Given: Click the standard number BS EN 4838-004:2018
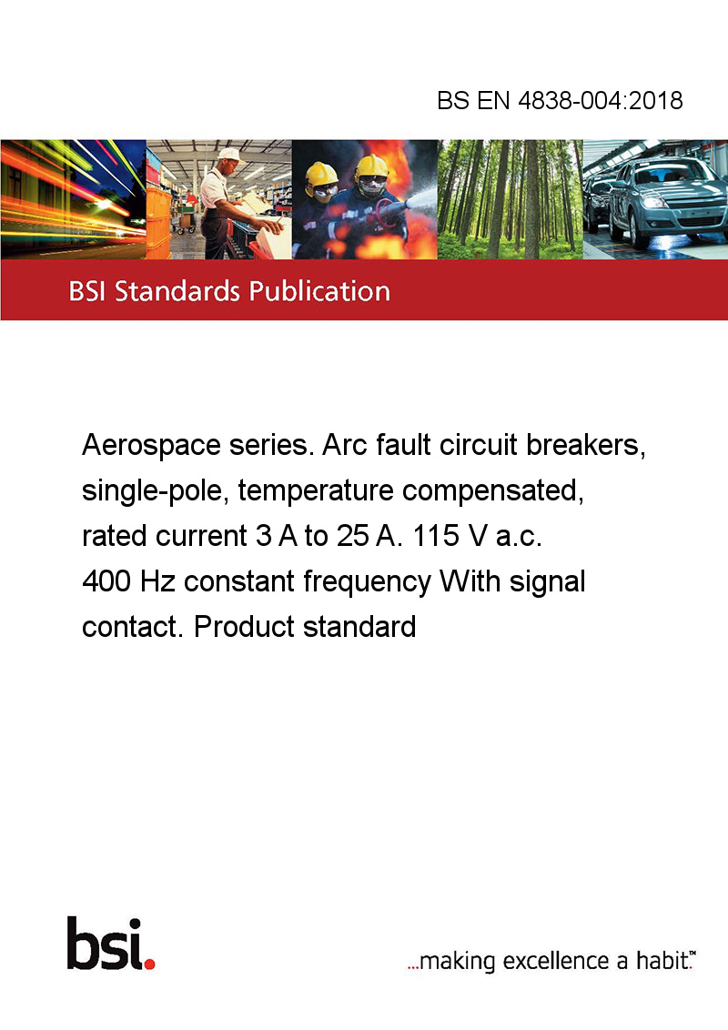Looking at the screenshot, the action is point(560,101).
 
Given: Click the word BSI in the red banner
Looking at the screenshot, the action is point(88,291).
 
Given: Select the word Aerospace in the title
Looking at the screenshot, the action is point(151,446).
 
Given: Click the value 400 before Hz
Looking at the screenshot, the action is point(106,581).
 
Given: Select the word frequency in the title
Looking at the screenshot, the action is point(367,582).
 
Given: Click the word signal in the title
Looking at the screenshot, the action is point(547,582).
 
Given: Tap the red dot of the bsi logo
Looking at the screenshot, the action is point(149,964).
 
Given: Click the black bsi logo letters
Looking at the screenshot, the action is point(106,944).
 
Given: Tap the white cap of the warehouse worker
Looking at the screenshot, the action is point(229,155).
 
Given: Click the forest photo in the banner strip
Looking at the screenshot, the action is point(510,199).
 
